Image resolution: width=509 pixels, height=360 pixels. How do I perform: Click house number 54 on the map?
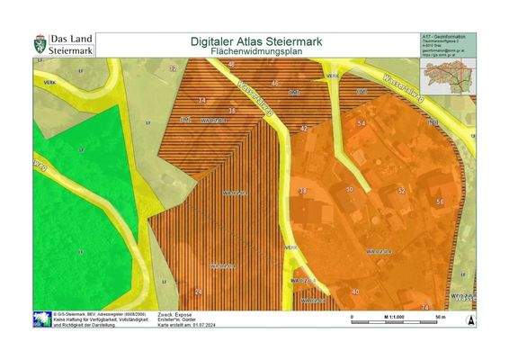coord(362,121)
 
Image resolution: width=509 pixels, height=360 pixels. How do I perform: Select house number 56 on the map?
coord(440,202)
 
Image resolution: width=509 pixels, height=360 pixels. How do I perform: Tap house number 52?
coord(402,191)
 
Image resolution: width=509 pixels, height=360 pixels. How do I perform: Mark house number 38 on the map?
coord(302,192)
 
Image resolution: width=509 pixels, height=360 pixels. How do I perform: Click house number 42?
coord(304,129)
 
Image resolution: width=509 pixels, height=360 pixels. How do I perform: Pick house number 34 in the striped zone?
coord(232,111)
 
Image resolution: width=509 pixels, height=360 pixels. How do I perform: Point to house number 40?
coord(355,292)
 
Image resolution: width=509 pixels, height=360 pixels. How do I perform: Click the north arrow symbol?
coord(469,319)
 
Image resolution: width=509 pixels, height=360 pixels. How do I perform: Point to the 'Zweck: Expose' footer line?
coord(175,314)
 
